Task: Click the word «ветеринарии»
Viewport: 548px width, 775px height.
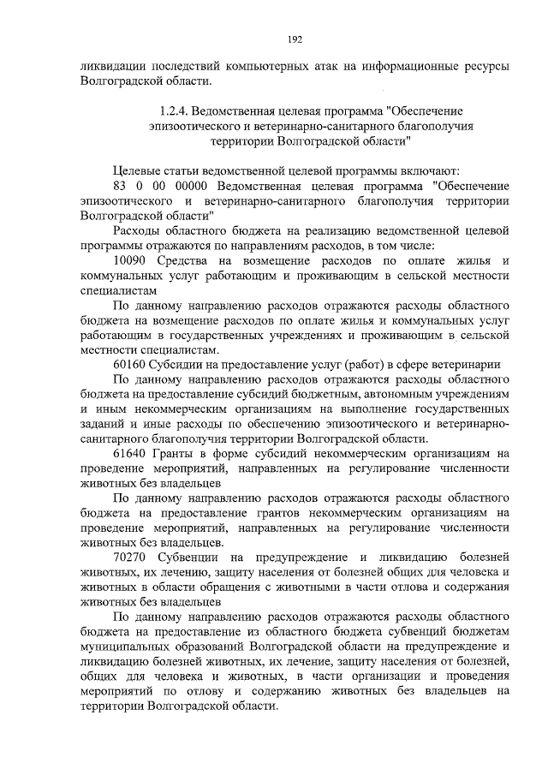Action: tap(468, 362)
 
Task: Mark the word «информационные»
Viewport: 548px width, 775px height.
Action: tap(420, 65)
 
